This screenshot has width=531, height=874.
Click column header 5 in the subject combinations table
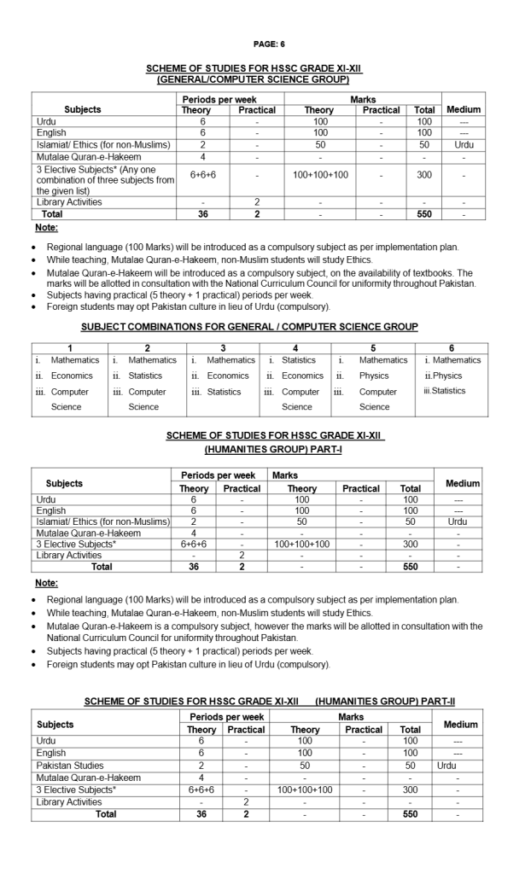click(x=373, y=347)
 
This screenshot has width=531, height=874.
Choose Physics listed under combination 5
click(x=374, y=376)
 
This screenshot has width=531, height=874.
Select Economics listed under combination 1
click(x=72, y=376)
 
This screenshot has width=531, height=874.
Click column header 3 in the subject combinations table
click(x=223, y=347)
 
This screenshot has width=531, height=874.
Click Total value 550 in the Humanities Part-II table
click(x=411, y=814)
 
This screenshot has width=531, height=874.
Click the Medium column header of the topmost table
click(x=464, y=109)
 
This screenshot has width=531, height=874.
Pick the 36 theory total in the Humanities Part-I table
click(x=194, y=566)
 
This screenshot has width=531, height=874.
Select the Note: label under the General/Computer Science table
click(x=46, y=228)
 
